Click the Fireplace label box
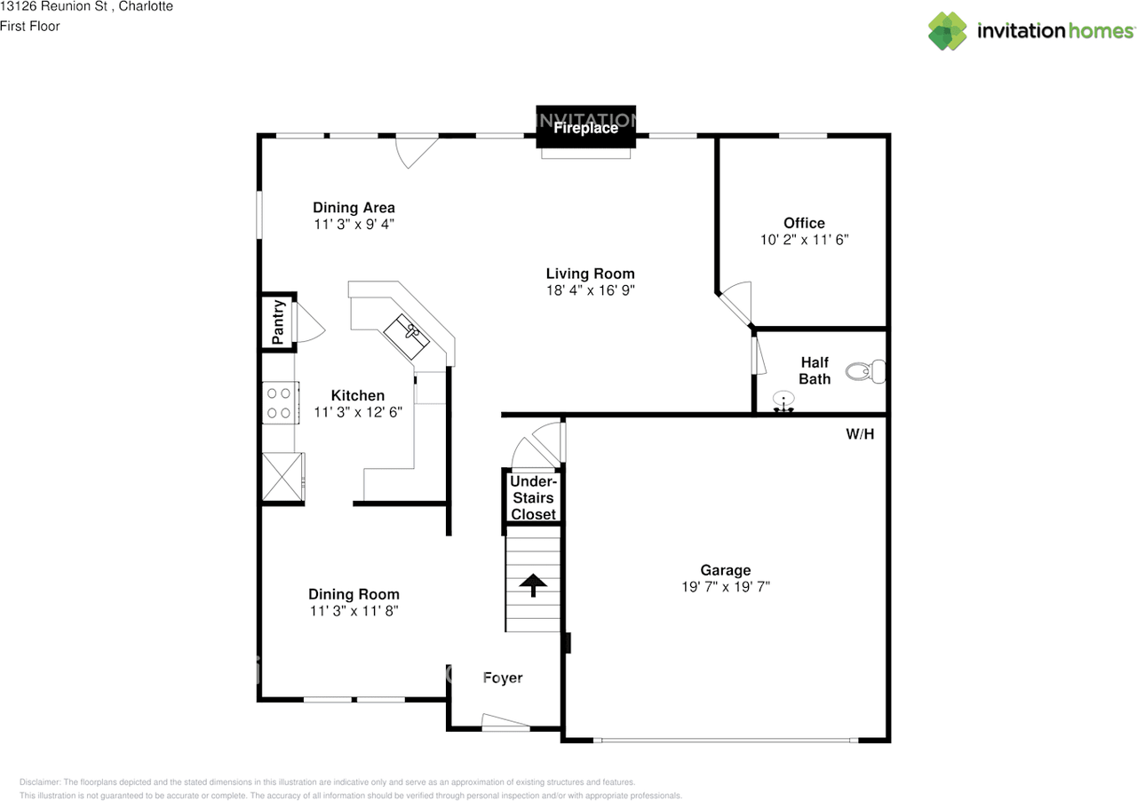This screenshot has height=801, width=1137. pos(585,128)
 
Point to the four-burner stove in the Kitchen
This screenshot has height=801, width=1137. pos(278,401)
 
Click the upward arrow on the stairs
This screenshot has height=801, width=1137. pos(533,585)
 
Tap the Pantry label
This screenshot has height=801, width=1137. pos(278,322)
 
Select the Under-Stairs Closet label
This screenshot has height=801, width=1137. pos(533,497)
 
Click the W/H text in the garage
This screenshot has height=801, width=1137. pos(859,434)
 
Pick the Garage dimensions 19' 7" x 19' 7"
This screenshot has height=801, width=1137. pos(725,587)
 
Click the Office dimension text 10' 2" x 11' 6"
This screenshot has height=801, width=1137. pos(804,240)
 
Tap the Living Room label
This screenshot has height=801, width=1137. pos(590,274)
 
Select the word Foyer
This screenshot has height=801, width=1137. pos(503,678)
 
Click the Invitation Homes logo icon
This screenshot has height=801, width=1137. pos(948,31)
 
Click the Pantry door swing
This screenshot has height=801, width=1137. pos(308,321)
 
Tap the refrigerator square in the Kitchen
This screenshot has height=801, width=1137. pos(282,479)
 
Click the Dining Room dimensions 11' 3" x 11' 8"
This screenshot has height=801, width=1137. pos(354,611)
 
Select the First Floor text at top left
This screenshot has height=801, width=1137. pos(30,26)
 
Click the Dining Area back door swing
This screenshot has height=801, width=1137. pos(415,151)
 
